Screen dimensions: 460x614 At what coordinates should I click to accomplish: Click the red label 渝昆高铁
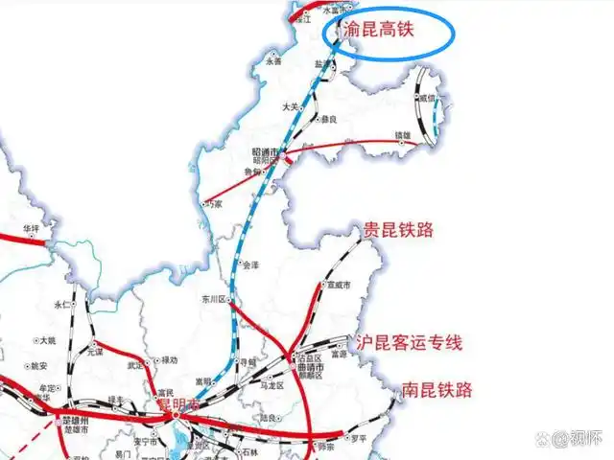380,31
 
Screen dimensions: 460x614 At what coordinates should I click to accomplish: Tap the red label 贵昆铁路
398,230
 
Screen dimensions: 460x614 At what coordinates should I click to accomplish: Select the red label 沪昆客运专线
410,343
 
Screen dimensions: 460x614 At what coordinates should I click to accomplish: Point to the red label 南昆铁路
437,390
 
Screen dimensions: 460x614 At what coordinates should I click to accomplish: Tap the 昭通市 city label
264,152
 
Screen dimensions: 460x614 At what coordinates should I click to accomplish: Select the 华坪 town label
33,228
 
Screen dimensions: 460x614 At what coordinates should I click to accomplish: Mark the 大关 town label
290,108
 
